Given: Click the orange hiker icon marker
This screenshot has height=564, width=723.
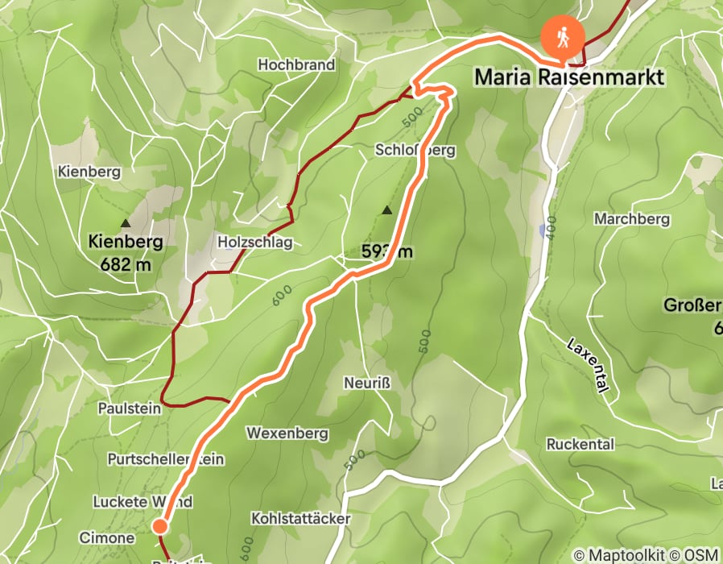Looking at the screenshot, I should point(563,37).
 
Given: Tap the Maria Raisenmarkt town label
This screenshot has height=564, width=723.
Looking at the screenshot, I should point(569,77).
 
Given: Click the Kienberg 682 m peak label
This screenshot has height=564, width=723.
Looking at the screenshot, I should point(126,252).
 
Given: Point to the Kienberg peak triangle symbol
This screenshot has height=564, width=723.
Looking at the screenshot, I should point(125,222).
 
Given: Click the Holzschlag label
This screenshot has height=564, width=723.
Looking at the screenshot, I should point(254,242).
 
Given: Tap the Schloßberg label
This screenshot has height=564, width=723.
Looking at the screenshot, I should point(415,150).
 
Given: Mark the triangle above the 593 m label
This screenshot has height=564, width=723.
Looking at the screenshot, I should point(386,211).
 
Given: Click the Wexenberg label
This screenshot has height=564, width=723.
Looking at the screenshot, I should point(287,433).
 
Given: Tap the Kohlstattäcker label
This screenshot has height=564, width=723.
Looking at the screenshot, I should point(300,518).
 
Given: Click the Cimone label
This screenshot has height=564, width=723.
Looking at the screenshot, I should point(106,537).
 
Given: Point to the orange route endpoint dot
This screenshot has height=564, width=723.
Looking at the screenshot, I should point(159,527).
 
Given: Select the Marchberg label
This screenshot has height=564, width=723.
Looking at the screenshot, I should point(632,219).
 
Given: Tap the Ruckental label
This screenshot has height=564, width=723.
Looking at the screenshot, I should point(580,444).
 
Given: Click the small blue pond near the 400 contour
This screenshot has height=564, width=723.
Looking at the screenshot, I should point(538,230).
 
